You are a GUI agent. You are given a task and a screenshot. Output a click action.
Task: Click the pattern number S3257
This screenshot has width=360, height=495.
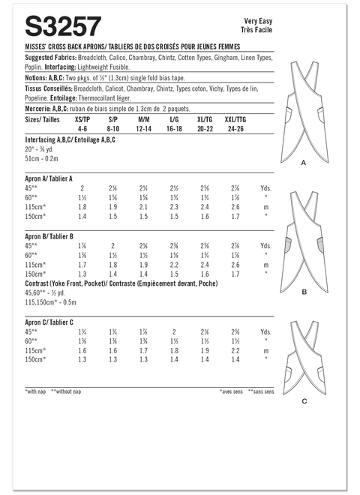click(63, 28)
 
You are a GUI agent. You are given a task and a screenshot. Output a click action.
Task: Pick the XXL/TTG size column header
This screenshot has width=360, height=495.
click(239, 118)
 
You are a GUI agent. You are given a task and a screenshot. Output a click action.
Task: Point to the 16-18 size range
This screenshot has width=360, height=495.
click(175, 127)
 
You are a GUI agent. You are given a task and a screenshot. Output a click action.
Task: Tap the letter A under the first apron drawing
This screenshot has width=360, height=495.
click(303, 163)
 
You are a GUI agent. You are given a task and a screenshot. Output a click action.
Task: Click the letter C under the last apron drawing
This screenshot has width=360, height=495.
click(304, 401)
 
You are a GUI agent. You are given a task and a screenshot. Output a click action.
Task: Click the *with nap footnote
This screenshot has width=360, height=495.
click(36, 391)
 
